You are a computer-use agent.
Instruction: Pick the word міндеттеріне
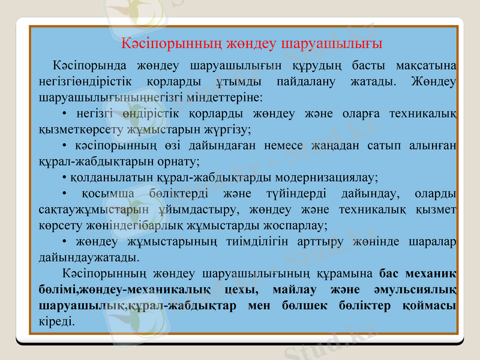[x=228, y=96]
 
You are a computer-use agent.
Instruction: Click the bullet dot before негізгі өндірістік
[x=64, y=113]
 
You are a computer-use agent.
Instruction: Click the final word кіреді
[x=56, y=322]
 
